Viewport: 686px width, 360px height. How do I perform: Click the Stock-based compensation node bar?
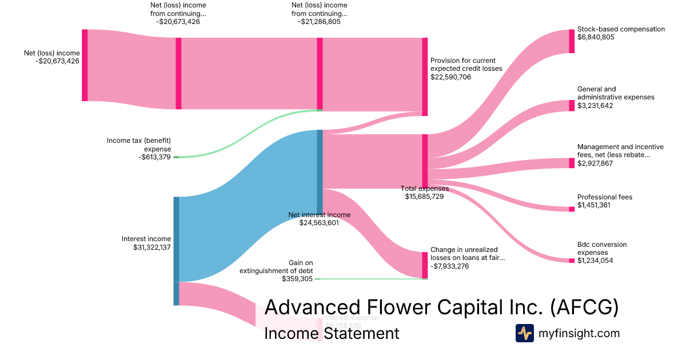[572, 41]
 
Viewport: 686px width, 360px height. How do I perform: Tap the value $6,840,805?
[596, 37]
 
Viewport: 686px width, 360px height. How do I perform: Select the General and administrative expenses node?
[572, 106]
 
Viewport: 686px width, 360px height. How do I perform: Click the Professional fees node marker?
[572, 209]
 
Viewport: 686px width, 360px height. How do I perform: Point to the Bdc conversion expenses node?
[572, 261]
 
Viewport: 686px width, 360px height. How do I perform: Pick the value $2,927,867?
[596, 163]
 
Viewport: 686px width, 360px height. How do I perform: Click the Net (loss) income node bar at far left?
[85, 65]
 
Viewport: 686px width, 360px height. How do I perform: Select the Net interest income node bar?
[320, 171]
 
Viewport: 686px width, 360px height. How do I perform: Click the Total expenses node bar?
[425, 161]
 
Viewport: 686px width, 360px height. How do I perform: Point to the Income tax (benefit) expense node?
[176, 157]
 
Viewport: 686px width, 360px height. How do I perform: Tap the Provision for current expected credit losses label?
[466, 65]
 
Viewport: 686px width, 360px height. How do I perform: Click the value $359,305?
[297, 279]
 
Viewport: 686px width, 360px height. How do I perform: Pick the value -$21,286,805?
[318, 22]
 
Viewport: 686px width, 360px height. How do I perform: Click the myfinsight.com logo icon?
[524, 333]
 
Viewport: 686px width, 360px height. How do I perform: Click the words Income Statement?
[332, 334]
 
